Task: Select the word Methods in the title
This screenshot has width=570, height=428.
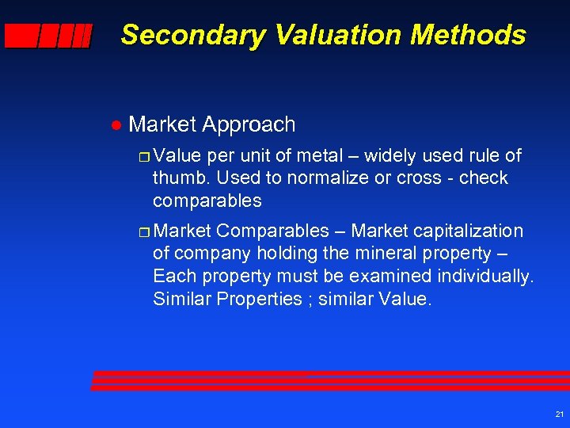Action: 459,35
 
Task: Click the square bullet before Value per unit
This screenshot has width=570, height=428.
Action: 143,156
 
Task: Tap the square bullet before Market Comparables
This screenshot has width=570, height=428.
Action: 143,232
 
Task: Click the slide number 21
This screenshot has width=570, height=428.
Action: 559,415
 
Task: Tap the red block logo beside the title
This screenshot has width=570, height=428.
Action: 48,36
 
